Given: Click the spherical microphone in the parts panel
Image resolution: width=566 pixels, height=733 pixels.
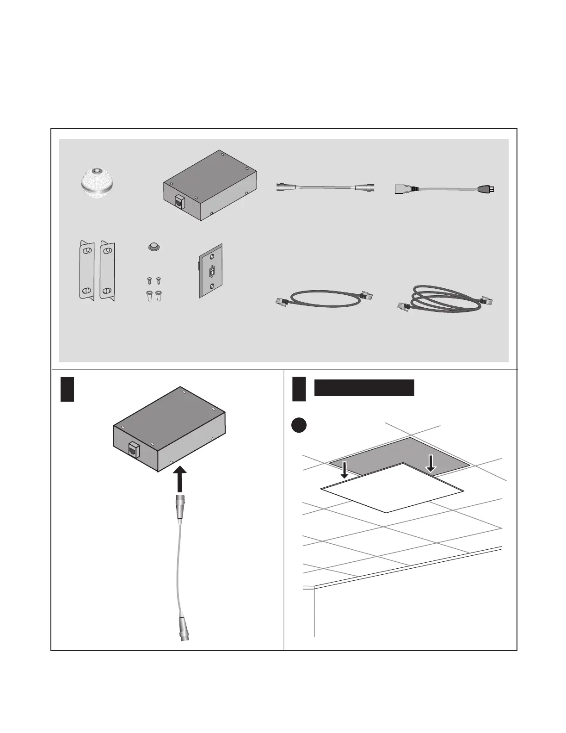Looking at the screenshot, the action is (97, 184).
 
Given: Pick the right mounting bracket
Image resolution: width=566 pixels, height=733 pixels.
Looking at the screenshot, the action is (107, 271).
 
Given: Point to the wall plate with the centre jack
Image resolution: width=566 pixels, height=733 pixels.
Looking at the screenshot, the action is (211, 271).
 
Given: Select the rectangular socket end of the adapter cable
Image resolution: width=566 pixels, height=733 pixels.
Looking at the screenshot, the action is (403, 189).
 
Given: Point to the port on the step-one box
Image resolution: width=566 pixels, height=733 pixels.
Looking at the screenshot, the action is (133, 449).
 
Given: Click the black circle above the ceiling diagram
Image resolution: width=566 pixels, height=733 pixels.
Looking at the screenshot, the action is (299, 425).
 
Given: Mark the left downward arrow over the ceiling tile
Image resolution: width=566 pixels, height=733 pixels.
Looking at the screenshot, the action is (345, 469).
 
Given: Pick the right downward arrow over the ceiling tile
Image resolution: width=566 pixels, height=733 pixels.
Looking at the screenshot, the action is (431, 463).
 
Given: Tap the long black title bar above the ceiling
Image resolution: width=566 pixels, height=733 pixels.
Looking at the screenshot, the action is (364, 388).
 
